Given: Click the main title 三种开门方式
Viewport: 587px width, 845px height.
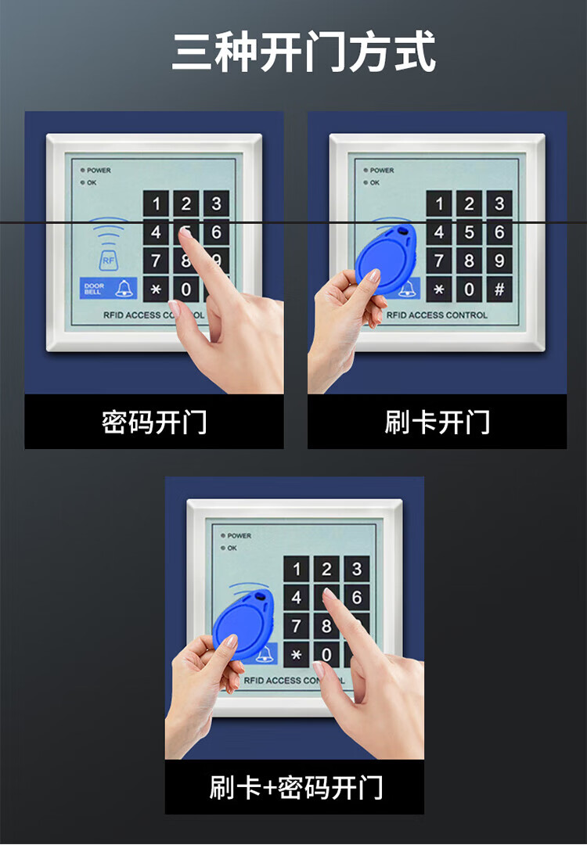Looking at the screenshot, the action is coord(304,52).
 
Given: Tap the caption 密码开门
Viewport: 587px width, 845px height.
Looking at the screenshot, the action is coord(154,422).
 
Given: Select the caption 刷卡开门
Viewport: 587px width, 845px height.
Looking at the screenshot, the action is coord(438,422).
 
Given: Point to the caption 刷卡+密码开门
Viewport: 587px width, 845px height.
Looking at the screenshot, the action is coord(296,787).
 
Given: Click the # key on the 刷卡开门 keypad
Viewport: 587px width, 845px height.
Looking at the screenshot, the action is coord(499,289).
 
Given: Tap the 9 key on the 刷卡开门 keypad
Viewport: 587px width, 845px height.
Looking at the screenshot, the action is coord(499,261).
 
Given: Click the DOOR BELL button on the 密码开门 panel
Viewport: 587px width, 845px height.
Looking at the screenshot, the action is coord(108,288).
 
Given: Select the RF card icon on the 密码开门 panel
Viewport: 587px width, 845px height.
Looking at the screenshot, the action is coord(108,261).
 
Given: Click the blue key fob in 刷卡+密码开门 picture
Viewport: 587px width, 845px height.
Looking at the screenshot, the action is coord(244,625).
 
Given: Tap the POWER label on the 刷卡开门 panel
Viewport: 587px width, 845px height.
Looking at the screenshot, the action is coord(382,171).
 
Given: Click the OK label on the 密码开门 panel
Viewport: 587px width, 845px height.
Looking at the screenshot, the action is coord(92,182).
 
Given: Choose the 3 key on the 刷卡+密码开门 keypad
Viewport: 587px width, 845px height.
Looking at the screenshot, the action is coord(356,569).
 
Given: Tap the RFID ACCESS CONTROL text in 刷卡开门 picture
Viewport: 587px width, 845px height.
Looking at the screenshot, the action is coord(437,315).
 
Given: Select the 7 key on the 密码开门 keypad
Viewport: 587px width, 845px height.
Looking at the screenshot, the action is coord(156,261).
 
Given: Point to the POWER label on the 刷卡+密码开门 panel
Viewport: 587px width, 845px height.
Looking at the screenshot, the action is coord(239,536).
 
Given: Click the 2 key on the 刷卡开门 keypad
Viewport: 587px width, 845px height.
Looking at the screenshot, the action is coord(469,203).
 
